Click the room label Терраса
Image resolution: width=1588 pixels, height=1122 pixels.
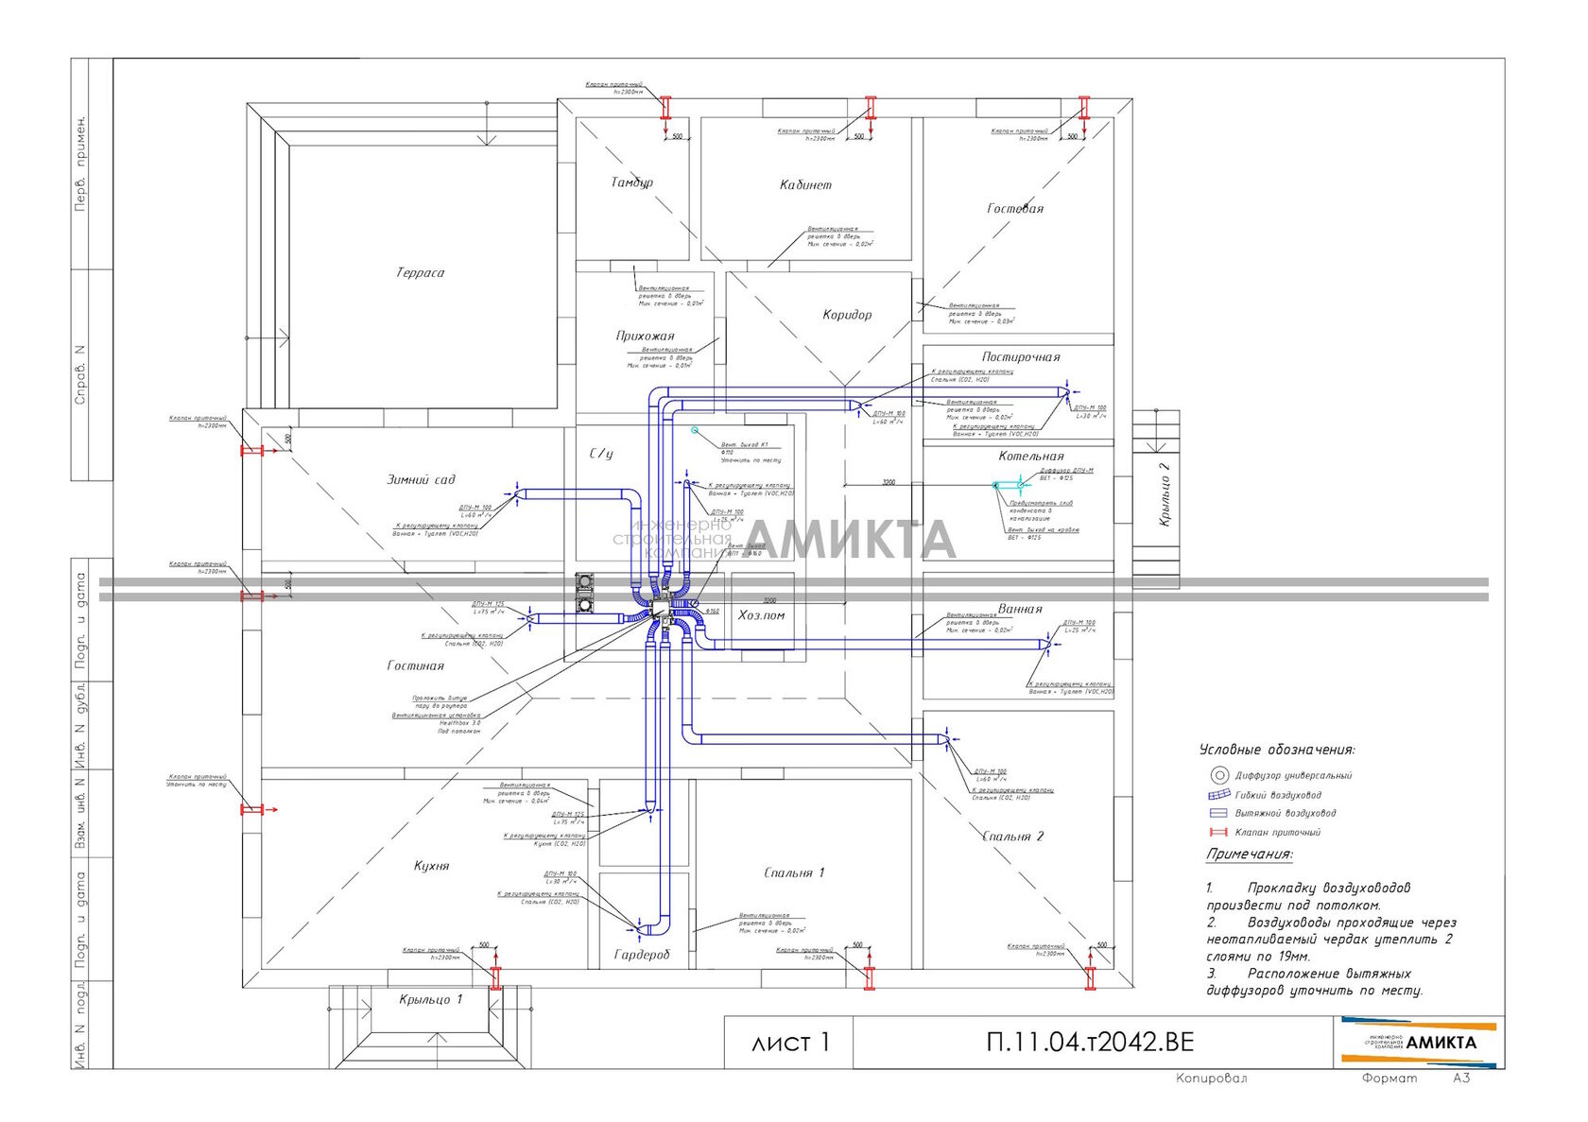[420, 273]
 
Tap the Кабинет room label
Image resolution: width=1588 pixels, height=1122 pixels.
[805, 185]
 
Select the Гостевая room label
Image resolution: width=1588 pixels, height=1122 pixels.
[1015, 209]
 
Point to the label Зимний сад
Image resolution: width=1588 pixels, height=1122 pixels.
[421, 480]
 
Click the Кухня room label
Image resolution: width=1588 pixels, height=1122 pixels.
[431, 866]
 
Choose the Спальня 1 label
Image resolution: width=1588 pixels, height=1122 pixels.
[794, 872]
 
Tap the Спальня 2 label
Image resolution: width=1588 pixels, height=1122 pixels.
[1012, 837]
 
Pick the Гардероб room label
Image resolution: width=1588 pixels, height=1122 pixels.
[642, 955]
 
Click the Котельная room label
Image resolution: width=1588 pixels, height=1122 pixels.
[1031, 457]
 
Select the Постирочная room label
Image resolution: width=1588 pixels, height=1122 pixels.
[1021, 357]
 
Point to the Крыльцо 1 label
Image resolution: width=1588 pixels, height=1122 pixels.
[431, 999]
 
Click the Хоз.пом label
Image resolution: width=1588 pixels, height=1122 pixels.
[761, 615]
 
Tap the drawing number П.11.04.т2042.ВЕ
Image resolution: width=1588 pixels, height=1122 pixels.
[1090, 1042]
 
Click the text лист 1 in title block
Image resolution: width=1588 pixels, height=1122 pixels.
[789, 1043]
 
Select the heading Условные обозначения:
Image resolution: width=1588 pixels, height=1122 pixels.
[1276, 750]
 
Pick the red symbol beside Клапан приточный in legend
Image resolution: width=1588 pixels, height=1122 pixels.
[1218, 833]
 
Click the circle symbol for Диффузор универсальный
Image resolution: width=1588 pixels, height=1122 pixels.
[1219, 775]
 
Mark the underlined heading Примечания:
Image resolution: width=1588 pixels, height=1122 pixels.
[1249, 854]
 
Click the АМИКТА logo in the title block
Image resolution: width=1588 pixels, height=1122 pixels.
[1419, 1042]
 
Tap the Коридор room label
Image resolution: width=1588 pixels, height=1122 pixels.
[847, 315]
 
